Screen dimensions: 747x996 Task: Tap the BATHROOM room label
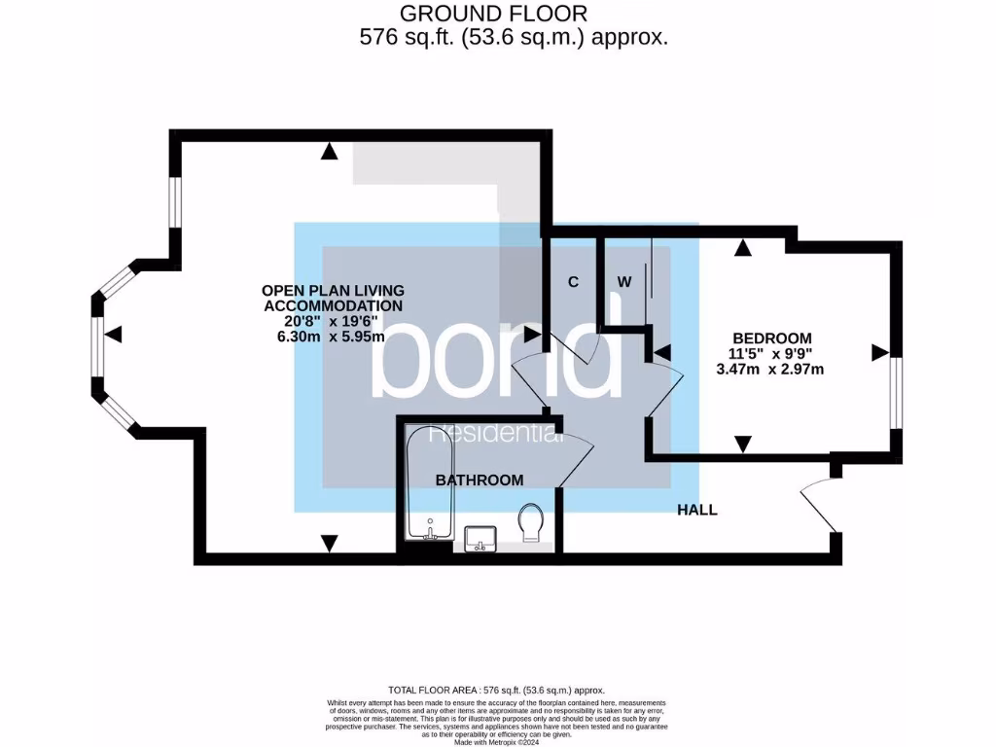point(479,480)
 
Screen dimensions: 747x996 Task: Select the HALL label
point(696,510)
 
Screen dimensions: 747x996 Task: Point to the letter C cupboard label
point(573,283)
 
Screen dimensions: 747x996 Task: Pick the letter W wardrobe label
point(623,283)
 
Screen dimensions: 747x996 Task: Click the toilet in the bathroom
point(531,523)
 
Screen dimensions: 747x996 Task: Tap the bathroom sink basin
point(480,537)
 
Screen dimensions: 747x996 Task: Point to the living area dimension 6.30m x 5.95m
point(331,337)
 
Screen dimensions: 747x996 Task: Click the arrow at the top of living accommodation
point(330,151)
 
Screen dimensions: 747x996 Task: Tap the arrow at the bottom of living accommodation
point(330,543)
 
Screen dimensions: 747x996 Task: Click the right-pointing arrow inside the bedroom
point(879,352)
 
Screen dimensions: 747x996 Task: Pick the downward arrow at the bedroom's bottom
point(743,445)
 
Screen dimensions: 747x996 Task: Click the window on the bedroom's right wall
point(896,392)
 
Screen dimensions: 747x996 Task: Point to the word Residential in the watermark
point(497,435)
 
